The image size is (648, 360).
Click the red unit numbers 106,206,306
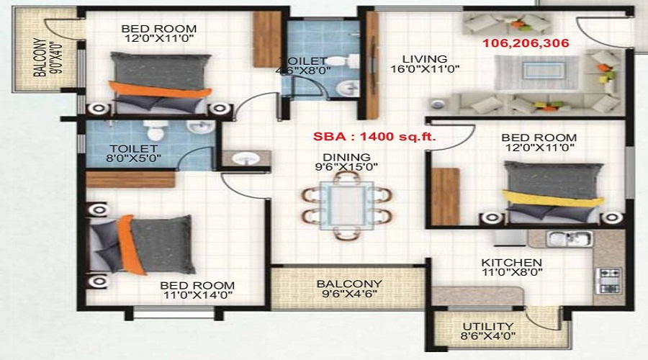526,43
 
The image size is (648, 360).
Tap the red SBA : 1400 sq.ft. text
374,136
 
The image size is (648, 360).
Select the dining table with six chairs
347,205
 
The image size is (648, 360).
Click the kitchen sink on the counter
569,239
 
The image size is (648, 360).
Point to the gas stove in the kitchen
608,280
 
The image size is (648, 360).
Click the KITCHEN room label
511,263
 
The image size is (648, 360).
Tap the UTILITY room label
488,327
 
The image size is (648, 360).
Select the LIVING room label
425,59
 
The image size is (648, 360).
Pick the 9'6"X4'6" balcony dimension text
349,294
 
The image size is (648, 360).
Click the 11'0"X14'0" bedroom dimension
197,295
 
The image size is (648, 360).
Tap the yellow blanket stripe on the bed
552,198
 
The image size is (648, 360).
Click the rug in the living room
536,72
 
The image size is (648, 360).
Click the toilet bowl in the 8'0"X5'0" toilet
156,130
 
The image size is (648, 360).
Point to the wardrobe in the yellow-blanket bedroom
445,197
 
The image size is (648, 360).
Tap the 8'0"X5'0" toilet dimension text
133,158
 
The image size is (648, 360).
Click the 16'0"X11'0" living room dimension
425,69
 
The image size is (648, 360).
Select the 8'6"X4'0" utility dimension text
488,336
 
